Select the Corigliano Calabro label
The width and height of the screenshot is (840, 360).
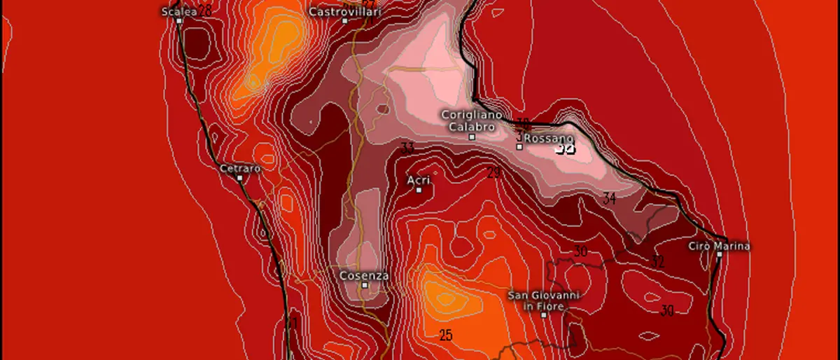[468, 120]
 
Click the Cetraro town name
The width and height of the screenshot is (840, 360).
[240, 169]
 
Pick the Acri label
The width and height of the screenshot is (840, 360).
[419, 180]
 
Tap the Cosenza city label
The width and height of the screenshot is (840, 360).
[364, 275]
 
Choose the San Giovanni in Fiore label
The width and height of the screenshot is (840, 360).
[544, 300]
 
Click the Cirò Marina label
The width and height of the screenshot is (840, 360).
[719, 246]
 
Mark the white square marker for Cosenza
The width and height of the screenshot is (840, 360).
[365, 285]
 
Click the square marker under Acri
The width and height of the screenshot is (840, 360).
[419, 190]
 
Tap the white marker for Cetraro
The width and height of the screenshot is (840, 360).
[240, 178]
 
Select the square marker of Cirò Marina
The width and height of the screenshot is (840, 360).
[720, 255]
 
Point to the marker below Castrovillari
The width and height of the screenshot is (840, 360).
[344, 21]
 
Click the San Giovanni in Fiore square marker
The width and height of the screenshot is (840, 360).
[544, 315]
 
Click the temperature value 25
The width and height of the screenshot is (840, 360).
[446, 335]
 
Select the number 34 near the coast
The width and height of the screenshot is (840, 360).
[610, 199]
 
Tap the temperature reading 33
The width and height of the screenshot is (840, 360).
[407, 148]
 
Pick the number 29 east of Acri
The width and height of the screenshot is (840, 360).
[493, 172]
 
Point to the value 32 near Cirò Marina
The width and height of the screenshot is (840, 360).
[658, 262]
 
